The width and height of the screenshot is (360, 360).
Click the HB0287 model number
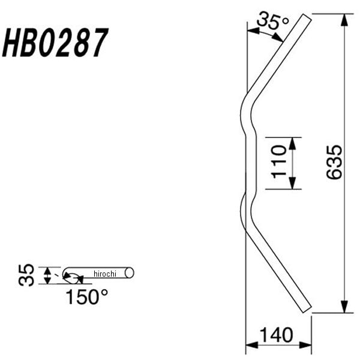55,43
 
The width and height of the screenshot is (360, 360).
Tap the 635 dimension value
334,161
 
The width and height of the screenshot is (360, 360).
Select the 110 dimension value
279,161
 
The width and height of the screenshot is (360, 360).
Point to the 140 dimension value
277,335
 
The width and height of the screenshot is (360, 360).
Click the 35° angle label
272,21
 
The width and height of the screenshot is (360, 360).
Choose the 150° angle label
87,296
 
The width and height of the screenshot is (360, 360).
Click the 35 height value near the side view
26,275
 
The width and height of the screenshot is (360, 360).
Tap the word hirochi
105,274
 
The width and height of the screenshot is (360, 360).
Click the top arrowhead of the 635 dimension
344,20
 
